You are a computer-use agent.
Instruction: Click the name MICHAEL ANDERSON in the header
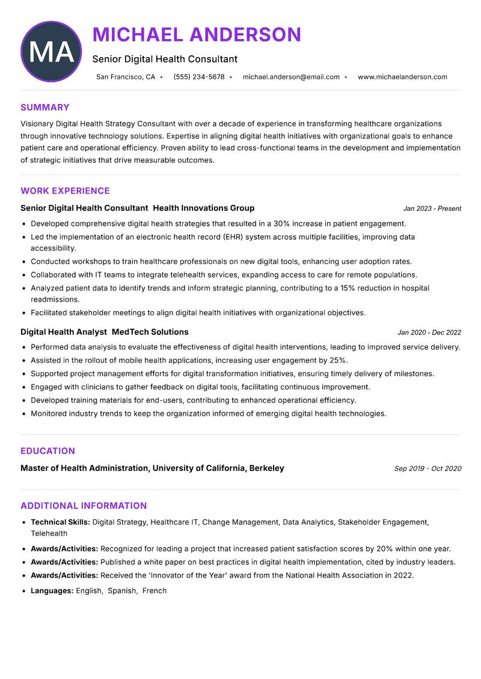pyautogui.click(x=197, y=35)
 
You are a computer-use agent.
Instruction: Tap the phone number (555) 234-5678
pyautogui.click(x=199, y=77)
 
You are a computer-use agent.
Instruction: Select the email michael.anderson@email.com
pyautogui.click(x=291, y=77)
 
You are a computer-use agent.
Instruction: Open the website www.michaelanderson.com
pyautogui.click(x=402, y=77)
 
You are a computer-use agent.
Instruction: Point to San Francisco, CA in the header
pyautogui.click(x=126, y=77)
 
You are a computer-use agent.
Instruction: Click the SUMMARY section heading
pyautogui.click(x=45, y=108)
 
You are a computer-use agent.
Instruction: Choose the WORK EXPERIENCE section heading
pyautogui.click(x=65, y=191)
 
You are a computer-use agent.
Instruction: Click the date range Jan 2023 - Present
pyautogui.click(x=432, y=209)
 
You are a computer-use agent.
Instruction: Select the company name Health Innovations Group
pyautogui.click(x=204, y=208)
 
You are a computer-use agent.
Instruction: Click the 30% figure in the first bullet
pyautogui.click(x=283, y=224)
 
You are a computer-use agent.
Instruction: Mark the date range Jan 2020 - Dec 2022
pyautogui.click(x=429, y=332)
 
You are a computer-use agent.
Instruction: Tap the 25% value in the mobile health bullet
pyautogui.click(x=339, y=361)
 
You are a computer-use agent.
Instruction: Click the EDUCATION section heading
pyautogui.click(x=47, y=451)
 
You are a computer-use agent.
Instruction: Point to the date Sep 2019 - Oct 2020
pyautogui.click(x=427, y=469)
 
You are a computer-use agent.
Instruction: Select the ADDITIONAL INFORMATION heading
pyautogui.click(x=84, y=506)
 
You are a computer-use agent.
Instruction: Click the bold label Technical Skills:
pyautogui.click(x=60, y=523)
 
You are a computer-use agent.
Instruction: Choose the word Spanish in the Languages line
pyautogui.click(x=121, y=591)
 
